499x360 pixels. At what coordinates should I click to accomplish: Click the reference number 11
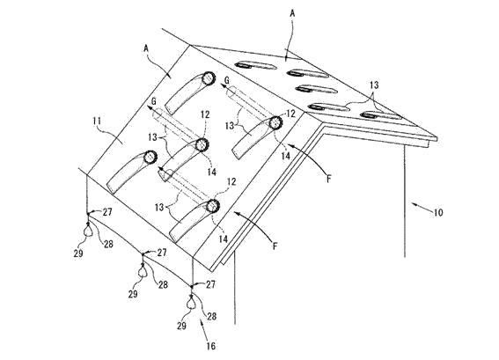[97, 121]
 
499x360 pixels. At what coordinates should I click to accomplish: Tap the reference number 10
[438, 212]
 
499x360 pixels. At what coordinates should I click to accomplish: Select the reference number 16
[211, 346]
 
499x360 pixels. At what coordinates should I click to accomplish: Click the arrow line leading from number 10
[422, 207]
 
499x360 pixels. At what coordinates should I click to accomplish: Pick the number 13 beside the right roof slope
[374, 85]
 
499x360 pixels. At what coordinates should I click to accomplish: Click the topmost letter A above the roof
[293, 13]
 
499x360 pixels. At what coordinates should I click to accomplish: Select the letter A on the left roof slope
[146, 48]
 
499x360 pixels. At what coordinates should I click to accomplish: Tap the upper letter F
[329, 179]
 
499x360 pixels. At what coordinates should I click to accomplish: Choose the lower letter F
[275, 246]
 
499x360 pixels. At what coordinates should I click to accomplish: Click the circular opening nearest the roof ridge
[209, 78]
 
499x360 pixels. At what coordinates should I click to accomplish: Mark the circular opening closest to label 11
[150, 157]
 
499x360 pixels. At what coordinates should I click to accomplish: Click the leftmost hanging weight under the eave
[87, 230]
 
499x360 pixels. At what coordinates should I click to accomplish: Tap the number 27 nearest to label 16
[210, 284]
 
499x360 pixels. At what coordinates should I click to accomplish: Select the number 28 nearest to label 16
[211, 316]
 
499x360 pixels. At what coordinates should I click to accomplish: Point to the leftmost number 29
[78, 253]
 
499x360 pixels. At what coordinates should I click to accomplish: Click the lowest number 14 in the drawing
[223, 239]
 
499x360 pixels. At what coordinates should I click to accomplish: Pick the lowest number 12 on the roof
[231, 181]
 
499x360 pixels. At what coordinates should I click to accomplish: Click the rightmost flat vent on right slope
[380, 115]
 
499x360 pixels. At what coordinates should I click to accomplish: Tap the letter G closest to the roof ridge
[226, 81]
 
